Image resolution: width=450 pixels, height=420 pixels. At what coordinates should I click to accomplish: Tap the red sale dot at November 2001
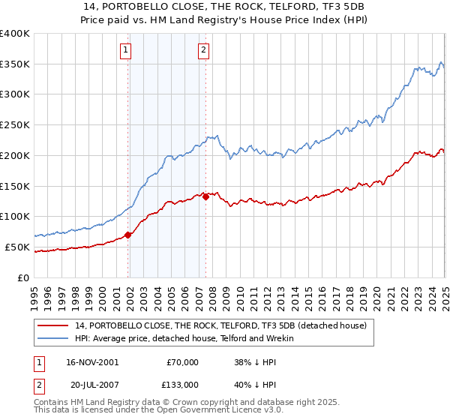point(128,235)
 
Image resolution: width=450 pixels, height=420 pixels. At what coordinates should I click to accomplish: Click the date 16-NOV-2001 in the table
point(91,362)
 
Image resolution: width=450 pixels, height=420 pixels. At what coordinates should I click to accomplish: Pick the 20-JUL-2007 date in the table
point(91,384)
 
